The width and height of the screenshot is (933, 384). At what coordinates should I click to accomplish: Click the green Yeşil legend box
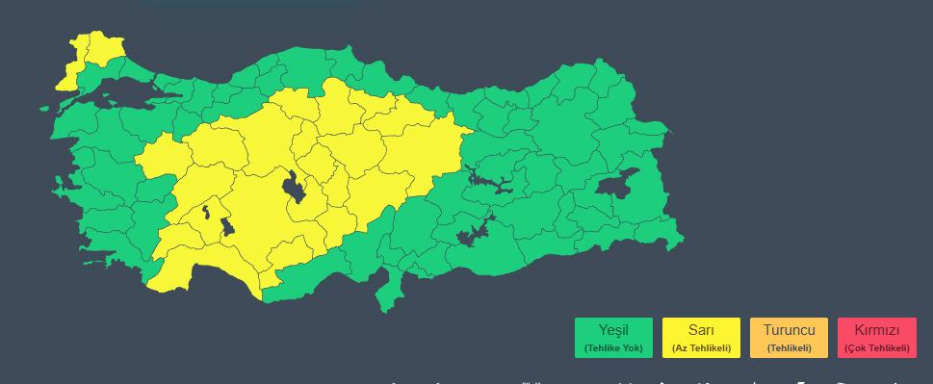coord(613,338)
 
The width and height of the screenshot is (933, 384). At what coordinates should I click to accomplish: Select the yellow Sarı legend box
coord(701,338)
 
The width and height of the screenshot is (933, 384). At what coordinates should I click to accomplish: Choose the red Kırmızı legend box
coord(876,338)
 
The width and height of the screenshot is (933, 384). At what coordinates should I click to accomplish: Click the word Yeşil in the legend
coord(613,330)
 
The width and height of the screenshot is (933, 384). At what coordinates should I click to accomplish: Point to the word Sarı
coord(701,330)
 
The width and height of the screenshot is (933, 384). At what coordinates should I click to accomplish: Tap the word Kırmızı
coord(876,330)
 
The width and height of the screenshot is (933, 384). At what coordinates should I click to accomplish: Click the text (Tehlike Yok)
coord(613,347)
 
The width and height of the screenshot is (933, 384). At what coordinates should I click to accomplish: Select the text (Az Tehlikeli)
coord(701,347)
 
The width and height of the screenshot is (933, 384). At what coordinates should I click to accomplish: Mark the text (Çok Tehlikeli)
coord(876,347)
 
